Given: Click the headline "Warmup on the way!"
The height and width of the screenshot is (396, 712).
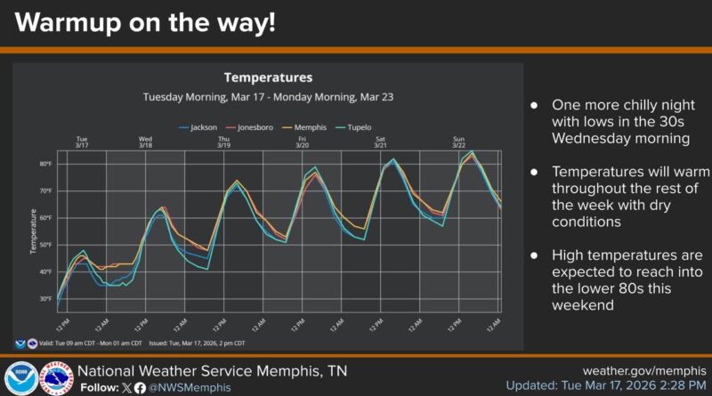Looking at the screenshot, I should pyautogui.click(x=145, y=24).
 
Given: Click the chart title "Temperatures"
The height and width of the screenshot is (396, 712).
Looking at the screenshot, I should pyautogui.click(x=268, y=77).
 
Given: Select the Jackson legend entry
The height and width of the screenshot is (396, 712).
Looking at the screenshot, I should pyautogui.click(x=203, y=127).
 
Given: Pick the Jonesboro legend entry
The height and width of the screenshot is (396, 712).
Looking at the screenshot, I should pyautogui.click(x=252, y=127).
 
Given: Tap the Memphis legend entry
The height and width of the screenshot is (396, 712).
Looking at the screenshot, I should pyautogui.click(x=304, y=127).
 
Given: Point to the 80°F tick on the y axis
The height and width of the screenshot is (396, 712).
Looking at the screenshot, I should pyautogui.click(x=44, y=164).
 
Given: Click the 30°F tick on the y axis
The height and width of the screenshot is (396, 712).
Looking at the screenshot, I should pyautogui.click(x=44, y=299).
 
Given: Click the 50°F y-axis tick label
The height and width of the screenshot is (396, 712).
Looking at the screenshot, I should pyautogui.click(x=44, y=245).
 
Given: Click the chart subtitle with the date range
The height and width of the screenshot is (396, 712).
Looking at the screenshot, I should pyautogui.click(x=268, y=96).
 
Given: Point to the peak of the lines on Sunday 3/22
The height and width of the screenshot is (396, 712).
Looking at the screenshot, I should pyautogui.click(x=472, y=152).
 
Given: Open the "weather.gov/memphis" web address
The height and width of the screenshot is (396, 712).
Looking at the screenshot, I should pyautogui.click(x=643, y=370).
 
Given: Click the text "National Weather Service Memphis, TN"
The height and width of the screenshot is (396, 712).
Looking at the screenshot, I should pyautogui.click(x=212, y=370).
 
